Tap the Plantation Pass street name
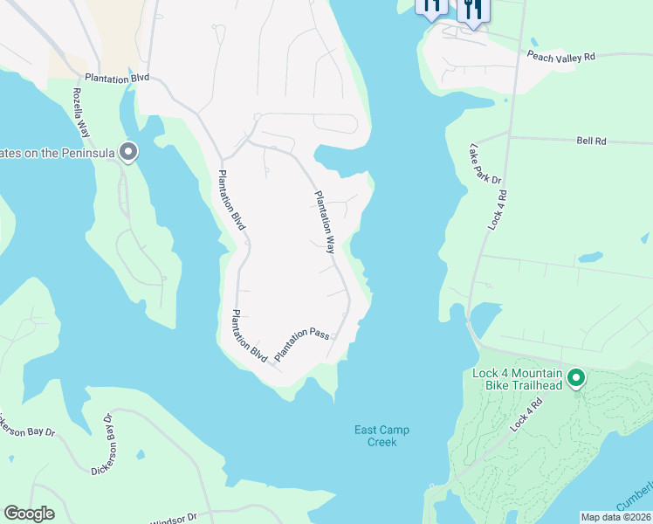pyautogui.click(x=301, y=345)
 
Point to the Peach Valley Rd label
pyautogui.click(x=560, y=56)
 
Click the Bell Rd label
pyautogui.click(x=591, y=140)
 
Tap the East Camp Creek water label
pyautogui.click(x=381, y=436)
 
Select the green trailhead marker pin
pyautogui.click(x=576, y=378)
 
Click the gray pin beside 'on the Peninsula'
pyautogui.click(x=128, y=153)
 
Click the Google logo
pyautogui.click(x=29, y=514)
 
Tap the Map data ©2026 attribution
pyautogui.click(x=615, y=517)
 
